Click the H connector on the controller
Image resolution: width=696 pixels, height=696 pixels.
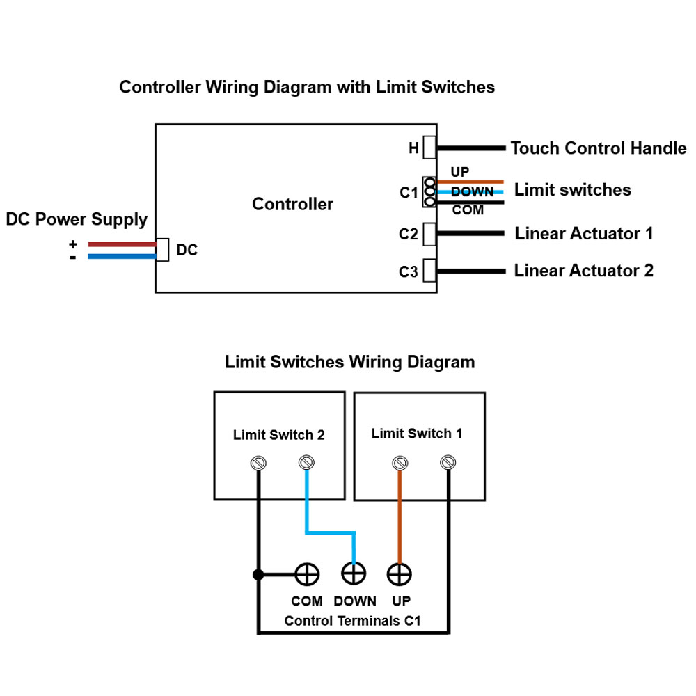click(429, 148)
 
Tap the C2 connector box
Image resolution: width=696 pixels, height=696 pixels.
click(429, 234)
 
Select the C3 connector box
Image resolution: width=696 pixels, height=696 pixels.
click(429, 270)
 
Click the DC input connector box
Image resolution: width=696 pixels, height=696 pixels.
click(162, 249)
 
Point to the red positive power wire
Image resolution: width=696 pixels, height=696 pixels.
click(122, 244)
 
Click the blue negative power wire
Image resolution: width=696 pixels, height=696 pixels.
click(122, 256)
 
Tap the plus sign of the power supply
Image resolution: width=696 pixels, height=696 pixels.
click(73, 244)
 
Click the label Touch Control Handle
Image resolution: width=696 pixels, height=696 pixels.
click(599, 148)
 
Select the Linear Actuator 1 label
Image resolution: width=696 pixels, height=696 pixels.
click(584, 233)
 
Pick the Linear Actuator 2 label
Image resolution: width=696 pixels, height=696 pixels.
click(584, 270)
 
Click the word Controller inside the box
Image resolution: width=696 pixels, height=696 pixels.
click(292, 204)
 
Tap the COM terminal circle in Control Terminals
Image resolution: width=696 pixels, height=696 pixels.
click(307, 574)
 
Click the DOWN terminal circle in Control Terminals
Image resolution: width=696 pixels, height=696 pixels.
click(354, 574)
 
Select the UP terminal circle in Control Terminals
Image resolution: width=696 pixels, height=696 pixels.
click(400, 574)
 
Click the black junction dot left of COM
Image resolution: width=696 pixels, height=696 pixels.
click(258, 575)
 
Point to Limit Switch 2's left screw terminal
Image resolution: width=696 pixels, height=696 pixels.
click(258, 463)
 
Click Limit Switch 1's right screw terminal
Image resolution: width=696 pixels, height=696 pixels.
click(448, 463)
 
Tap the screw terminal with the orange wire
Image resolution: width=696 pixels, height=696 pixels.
click(400, 463)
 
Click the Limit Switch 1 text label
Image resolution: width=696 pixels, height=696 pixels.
click(417, 433)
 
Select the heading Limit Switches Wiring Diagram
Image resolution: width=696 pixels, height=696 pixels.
click(350, 362)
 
